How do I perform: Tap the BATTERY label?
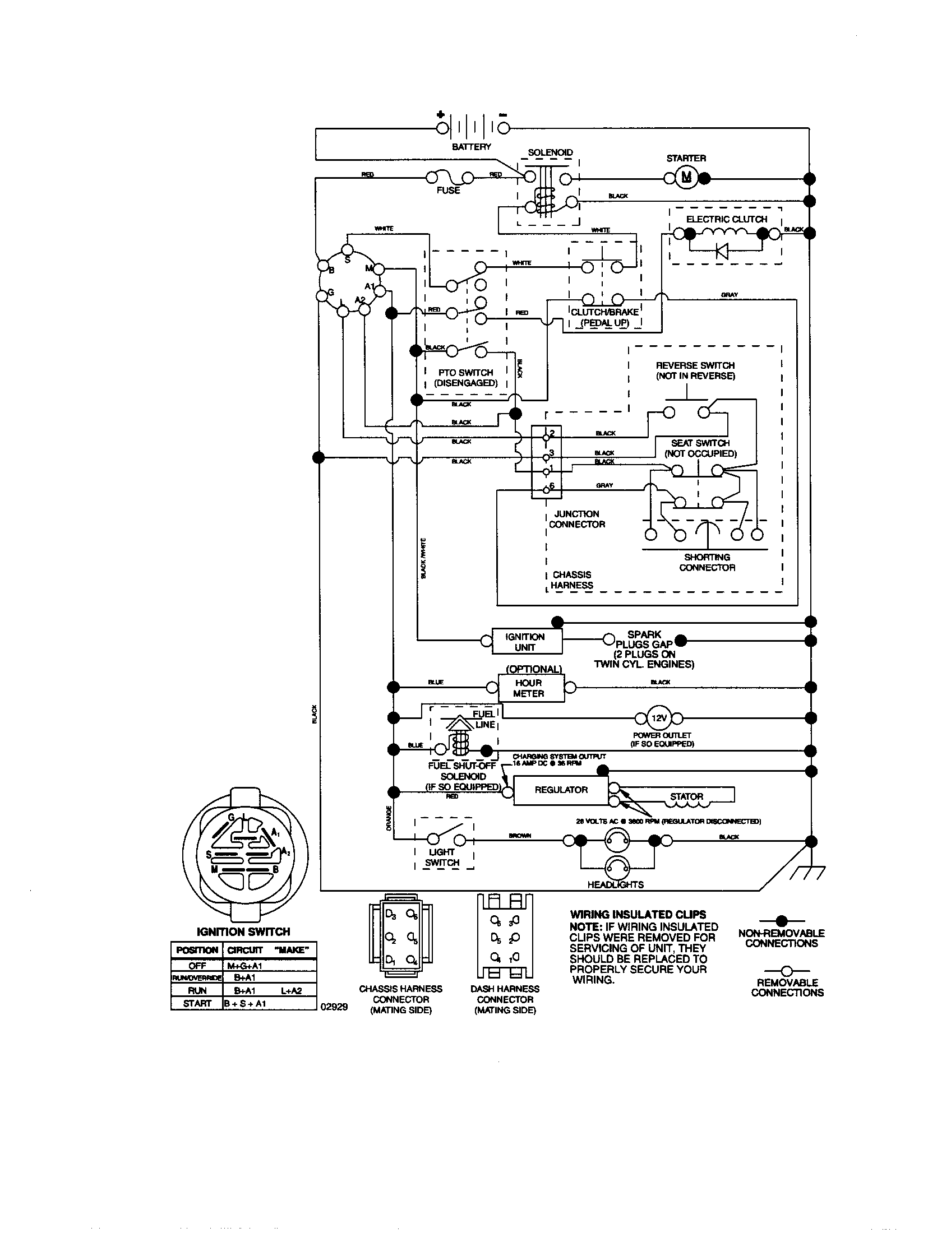click(472, 147)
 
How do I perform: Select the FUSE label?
click(448, 190)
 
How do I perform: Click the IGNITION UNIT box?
click(527, 642)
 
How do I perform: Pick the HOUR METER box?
click(530, 688)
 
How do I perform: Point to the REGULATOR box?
click(561, 790)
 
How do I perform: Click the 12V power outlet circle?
click(659, 718)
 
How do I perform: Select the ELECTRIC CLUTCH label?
click(726, 219)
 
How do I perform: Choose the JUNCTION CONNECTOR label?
click(576, 519)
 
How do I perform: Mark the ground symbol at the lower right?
click(807, 873)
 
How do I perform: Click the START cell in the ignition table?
click(196, 1003)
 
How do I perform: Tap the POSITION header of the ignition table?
click(196, 950)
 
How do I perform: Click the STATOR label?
click(686, 796)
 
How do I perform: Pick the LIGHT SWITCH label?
click(442, 857)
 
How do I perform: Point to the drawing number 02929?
click(334, 1006)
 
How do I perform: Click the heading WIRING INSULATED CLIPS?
click(638, 915)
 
